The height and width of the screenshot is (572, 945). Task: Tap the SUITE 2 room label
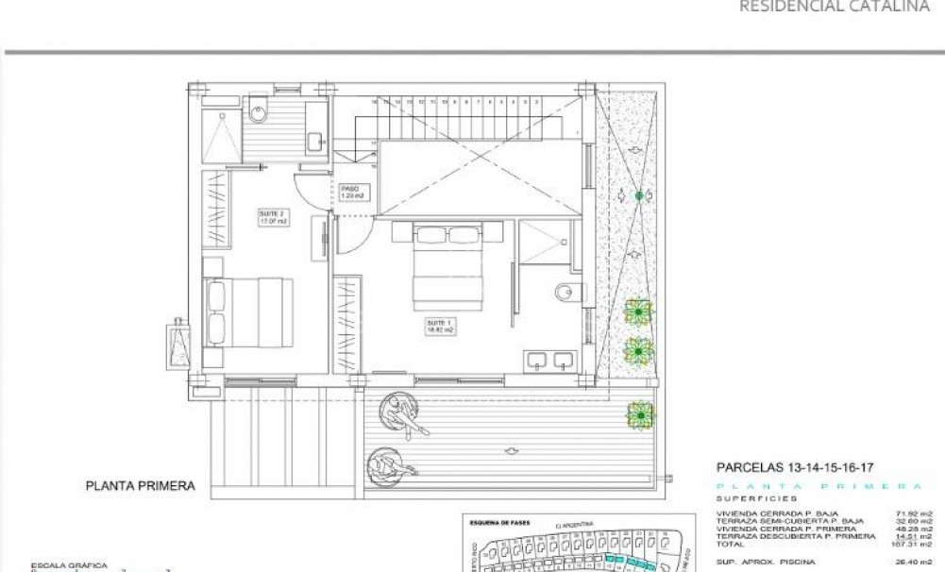[271, 219]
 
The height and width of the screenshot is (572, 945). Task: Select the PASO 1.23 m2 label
[352, 192]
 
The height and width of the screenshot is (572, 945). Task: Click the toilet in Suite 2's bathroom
[261, 110]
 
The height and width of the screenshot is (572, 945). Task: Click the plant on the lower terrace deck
[640, 412]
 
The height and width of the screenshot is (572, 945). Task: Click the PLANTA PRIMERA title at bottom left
[140, 487]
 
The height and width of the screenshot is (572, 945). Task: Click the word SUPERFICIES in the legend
[755, 496]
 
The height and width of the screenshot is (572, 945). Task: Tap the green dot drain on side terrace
[640, 195]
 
